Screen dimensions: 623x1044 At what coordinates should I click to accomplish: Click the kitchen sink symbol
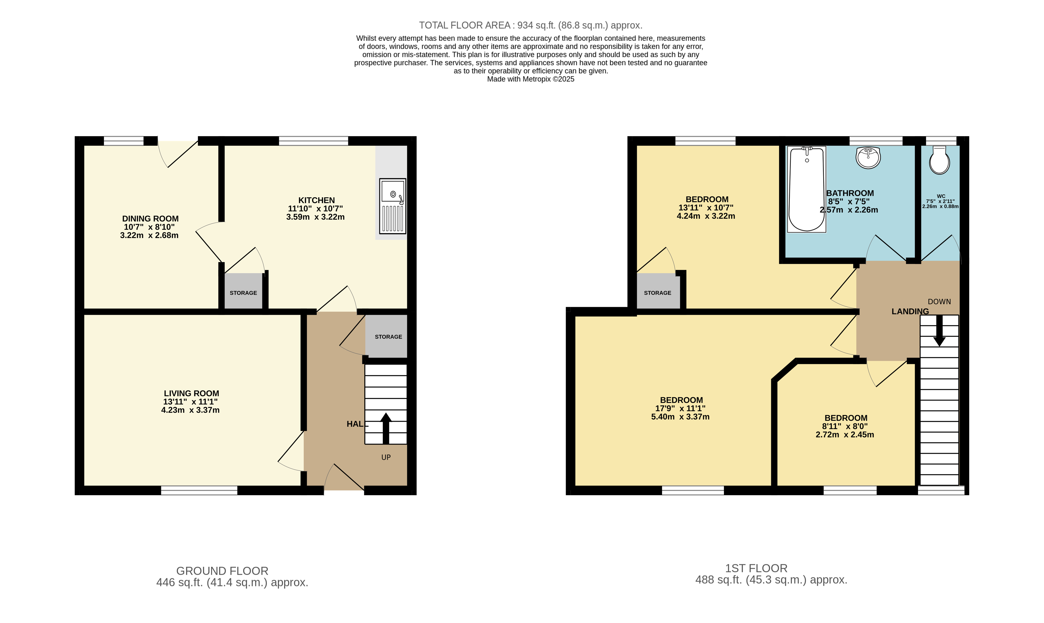point(393,206)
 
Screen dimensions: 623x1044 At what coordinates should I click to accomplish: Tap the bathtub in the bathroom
point(806,189)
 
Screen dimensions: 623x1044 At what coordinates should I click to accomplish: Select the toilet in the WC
point(939,160)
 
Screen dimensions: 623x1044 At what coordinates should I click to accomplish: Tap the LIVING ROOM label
point(191,393)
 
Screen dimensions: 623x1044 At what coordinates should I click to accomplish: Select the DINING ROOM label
point(150,219)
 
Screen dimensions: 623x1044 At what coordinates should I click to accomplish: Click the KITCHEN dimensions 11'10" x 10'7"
point(316,209)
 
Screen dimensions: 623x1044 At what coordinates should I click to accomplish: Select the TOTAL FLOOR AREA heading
point(530,25)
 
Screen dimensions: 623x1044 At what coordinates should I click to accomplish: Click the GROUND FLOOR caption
point(222,571)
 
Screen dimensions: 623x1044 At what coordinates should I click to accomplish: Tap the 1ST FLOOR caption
point(756,568)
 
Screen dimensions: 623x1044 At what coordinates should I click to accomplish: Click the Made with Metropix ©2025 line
point(530,79)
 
